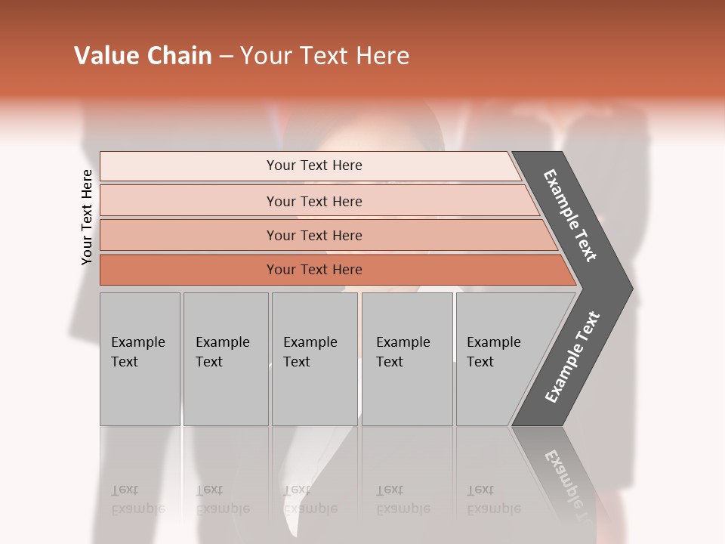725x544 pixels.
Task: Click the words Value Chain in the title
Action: [143, 56]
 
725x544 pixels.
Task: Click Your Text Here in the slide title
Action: [325, 56]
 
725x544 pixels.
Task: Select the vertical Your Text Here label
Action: [88, 217]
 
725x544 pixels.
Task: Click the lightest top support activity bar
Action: [189, 166]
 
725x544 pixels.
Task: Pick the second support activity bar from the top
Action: [189, 201]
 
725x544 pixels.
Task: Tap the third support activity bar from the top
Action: [189, 236]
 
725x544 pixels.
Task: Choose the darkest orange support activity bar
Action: [189, 270]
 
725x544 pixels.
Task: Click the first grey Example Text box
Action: [140, 359]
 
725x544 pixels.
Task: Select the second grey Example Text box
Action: [226, 359]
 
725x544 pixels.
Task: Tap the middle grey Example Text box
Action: [314, 359]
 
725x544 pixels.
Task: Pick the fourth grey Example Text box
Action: [407, 359]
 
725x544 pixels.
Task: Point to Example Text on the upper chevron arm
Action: [570, 215]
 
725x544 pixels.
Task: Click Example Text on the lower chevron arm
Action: [572, 357]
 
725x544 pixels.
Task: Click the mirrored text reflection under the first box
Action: [137, 499]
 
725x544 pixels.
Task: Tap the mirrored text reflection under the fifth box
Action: [493, 499]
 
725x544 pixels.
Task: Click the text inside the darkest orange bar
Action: [314, 270]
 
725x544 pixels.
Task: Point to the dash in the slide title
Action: [226, 57]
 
